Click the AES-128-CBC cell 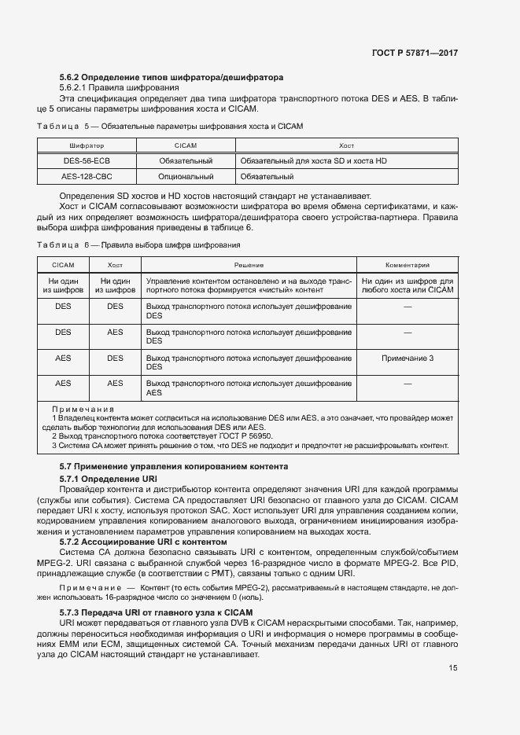87,177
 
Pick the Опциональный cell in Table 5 186,177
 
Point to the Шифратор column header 87,145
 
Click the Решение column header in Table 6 248,266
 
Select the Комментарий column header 407,266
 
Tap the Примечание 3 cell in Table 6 407,358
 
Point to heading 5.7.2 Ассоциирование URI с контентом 143,542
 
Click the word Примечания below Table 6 83,410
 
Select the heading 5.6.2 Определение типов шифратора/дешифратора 171,77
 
